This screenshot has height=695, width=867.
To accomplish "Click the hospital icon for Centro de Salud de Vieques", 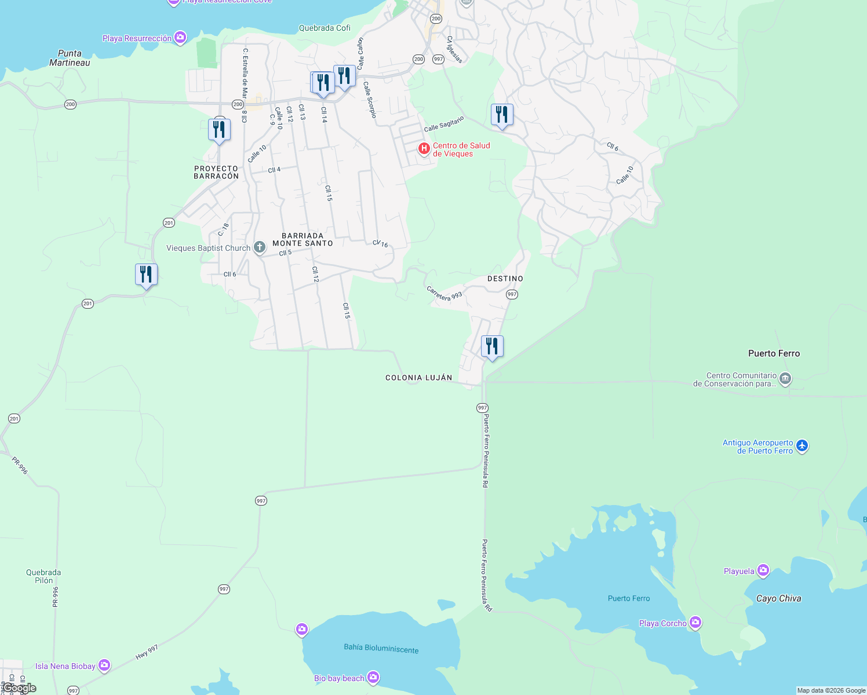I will point(424,149).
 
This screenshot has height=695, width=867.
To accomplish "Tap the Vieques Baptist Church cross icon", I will point(260,248).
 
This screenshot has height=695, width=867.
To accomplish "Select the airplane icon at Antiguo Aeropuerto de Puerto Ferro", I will point(802,446).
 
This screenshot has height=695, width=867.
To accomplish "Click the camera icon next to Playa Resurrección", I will point(180,38).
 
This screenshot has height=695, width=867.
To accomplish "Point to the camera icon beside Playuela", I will point(763,571).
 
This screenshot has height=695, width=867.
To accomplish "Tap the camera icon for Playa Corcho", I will point(695,623).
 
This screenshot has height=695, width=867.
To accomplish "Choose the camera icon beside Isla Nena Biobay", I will point(104,665).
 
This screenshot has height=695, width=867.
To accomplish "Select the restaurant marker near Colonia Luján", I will point(492,348).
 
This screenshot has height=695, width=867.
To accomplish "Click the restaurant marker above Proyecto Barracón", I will point(219,131).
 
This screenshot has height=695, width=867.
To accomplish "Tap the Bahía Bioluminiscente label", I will point(381,648).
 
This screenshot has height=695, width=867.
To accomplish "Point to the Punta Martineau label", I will point(70,58).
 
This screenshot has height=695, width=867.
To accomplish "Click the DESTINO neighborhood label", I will point(505,279).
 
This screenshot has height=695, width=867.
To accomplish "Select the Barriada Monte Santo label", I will point(303,239).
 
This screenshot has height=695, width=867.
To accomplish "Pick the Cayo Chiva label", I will point(778,598).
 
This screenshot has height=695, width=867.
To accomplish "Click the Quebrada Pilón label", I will point(43,576).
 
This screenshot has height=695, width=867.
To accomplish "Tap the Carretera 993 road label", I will point(445,293).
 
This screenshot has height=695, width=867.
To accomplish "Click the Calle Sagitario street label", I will point(444,124).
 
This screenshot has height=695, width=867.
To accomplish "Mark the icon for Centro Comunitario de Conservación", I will point(785,379).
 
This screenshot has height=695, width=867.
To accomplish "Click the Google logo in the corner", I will point(20,688).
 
